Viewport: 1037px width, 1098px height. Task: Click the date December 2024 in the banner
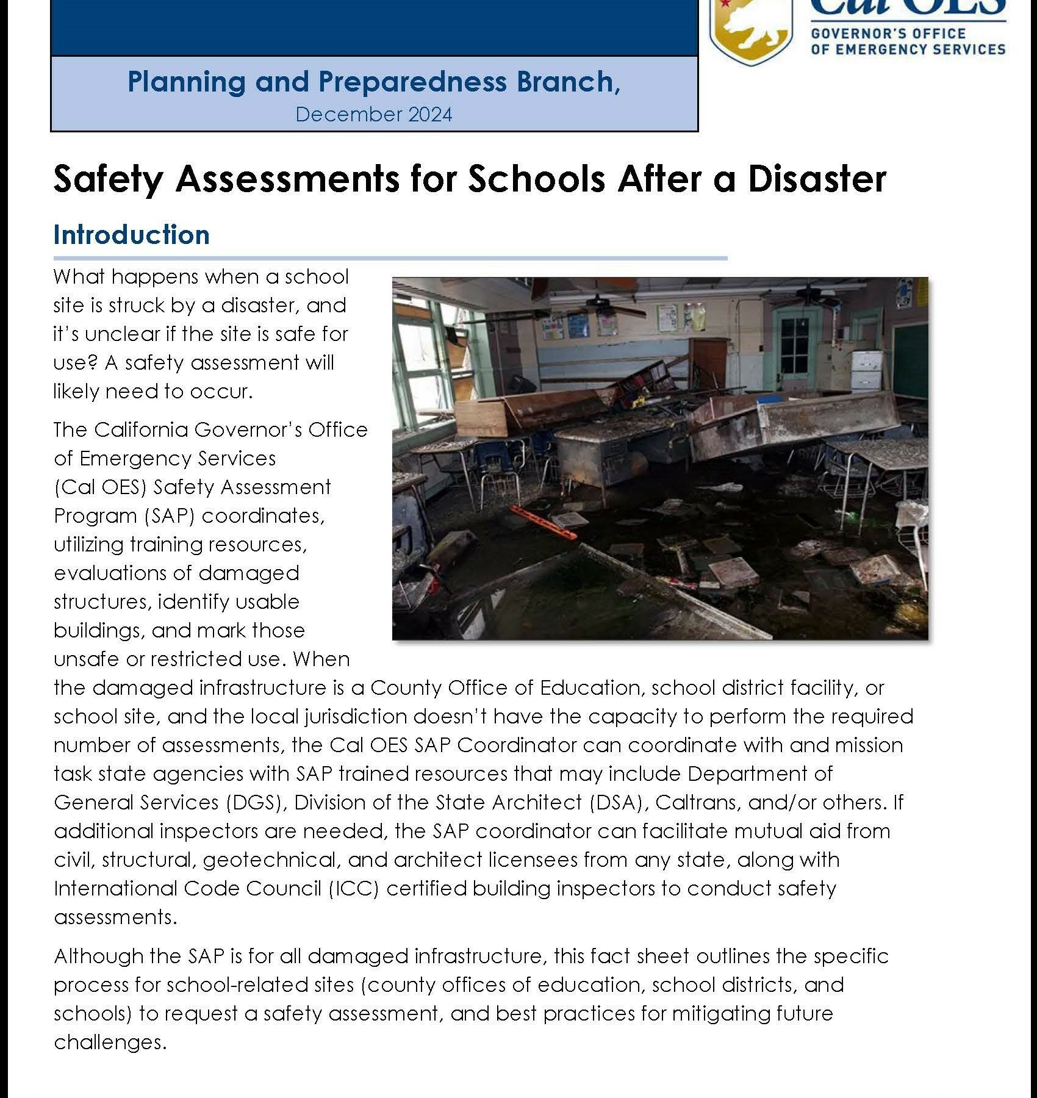pos(374,115)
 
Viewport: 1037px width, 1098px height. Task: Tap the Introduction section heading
pos(131,235)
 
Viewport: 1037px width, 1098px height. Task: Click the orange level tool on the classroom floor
pos(544,522)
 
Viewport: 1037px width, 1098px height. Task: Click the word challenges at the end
pos(110,1042)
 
